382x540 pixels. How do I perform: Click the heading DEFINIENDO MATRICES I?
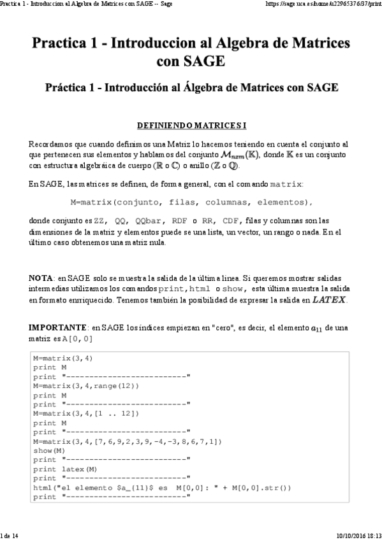click(191, 126)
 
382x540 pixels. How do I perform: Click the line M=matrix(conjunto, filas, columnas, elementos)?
click(191, 203)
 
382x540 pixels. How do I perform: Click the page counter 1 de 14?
click(11, 536)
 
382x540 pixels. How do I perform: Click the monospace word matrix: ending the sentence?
click(283, 185)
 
